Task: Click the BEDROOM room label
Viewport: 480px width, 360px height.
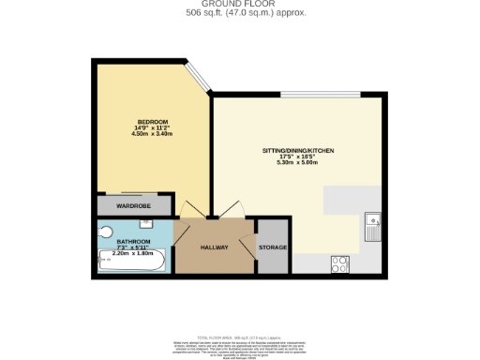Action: pos(154,122)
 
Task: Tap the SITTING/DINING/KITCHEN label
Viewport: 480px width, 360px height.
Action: pos(298,150)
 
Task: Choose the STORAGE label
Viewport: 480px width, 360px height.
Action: pos(273,247)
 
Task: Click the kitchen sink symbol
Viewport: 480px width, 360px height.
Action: pos(372,226)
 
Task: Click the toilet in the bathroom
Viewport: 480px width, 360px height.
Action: pos(105,231)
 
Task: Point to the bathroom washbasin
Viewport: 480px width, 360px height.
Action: pos(146,223)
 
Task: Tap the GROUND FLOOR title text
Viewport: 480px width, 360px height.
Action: pos(241,5)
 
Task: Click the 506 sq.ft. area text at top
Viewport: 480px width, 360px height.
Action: pos(240,13)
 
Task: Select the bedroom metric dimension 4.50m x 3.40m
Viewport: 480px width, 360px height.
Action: pos(154,134)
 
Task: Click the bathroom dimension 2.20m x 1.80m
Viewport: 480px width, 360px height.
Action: pos(132,252)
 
